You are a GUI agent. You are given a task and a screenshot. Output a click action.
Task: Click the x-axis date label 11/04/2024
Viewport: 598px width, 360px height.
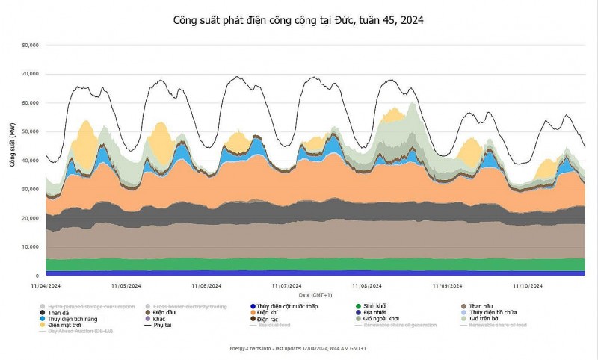pos(46,285)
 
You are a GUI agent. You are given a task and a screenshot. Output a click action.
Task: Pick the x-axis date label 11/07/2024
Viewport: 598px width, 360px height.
pos(286,285)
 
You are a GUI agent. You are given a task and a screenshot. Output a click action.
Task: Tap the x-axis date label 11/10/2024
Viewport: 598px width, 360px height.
pos(527,285)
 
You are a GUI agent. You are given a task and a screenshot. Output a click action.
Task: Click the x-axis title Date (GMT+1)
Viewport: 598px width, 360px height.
pos(299,294)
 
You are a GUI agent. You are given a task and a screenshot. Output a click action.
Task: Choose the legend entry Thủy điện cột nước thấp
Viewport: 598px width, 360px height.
pos(287,306)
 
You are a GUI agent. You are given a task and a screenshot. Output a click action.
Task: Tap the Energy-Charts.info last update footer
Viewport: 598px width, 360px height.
pos(299,349)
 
